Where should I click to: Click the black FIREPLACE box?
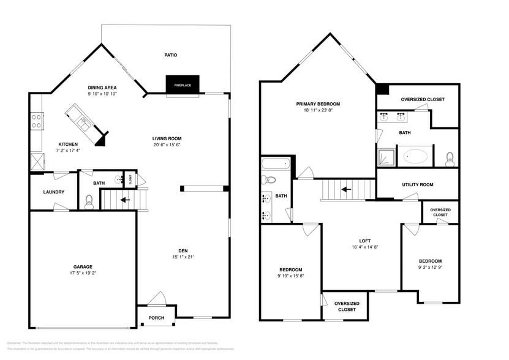pyautogui.click(x=183, y=85)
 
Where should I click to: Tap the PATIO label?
pyautogui.click(x=170, y=55)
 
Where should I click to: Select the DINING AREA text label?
pyautogui.click(x=102, y=88)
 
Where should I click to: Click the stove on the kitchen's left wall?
pyautogui.click(x=36, y=121)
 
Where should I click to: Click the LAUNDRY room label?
pyautogui.click(x=53, y=192)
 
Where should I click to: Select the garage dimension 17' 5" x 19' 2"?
pyautogui.click(x=83, y=272)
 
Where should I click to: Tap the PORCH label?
pyautogui.click(x=157, y=317)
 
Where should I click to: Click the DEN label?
pyautogui.click(x=183, y=250)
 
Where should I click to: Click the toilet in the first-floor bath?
pyautogui.click(x=89, y=201)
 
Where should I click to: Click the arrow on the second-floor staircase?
pyautogui.click(x=345, y=189)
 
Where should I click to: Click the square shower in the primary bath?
pyautogui.click(x=386, y=157)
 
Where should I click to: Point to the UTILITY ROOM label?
pyautogui.click(x=417, y=184)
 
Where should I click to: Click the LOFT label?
pyautogui.click(x=364, y=241)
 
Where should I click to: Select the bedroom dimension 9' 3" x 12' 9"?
pyautogui.click(x=430, y=267)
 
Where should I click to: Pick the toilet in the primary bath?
pyautogui.click(x=450, y=159)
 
